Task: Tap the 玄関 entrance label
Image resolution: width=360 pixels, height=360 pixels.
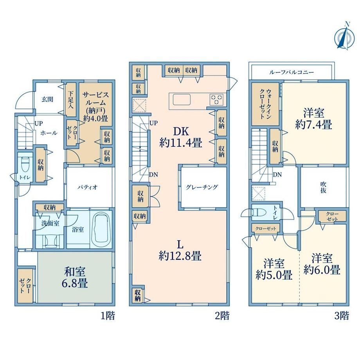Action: pos(47,99)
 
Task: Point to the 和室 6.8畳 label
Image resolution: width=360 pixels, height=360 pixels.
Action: pos(74,277)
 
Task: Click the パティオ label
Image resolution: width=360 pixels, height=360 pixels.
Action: pos(87,187)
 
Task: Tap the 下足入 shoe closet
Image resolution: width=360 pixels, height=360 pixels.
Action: pos(71,99)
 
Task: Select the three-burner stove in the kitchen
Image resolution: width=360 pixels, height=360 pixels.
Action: pos(216,100)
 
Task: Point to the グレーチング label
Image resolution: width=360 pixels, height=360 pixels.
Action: pos(202,187)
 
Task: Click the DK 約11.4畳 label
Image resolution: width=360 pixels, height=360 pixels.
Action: pos(181,137)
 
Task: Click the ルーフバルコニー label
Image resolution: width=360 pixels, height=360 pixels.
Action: pos(292,72)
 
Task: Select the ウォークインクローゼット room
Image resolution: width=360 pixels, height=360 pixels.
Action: pos(265,104)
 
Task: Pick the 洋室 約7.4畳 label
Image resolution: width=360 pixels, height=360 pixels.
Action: pos(313,119)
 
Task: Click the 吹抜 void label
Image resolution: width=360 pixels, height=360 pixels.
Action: pos(323,187)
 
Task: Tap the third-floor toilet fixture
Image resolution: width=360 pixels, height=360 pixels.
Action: pos(259,212)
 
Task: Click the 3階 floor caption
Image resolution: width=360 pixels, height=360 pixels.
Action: pos(342,316)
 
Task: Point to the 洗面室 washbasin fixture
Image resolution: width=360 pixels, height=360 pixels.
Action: pos(50,241)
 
